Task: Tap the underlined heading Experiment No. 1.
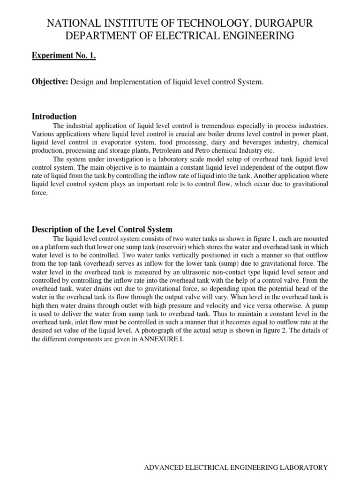click(x=64, y=56)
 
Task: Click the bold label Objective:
click(x=50, y=82)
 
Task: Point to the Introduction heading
click(x=54, y=116)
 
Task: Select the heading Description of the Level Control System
click(x=102, y=229)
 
